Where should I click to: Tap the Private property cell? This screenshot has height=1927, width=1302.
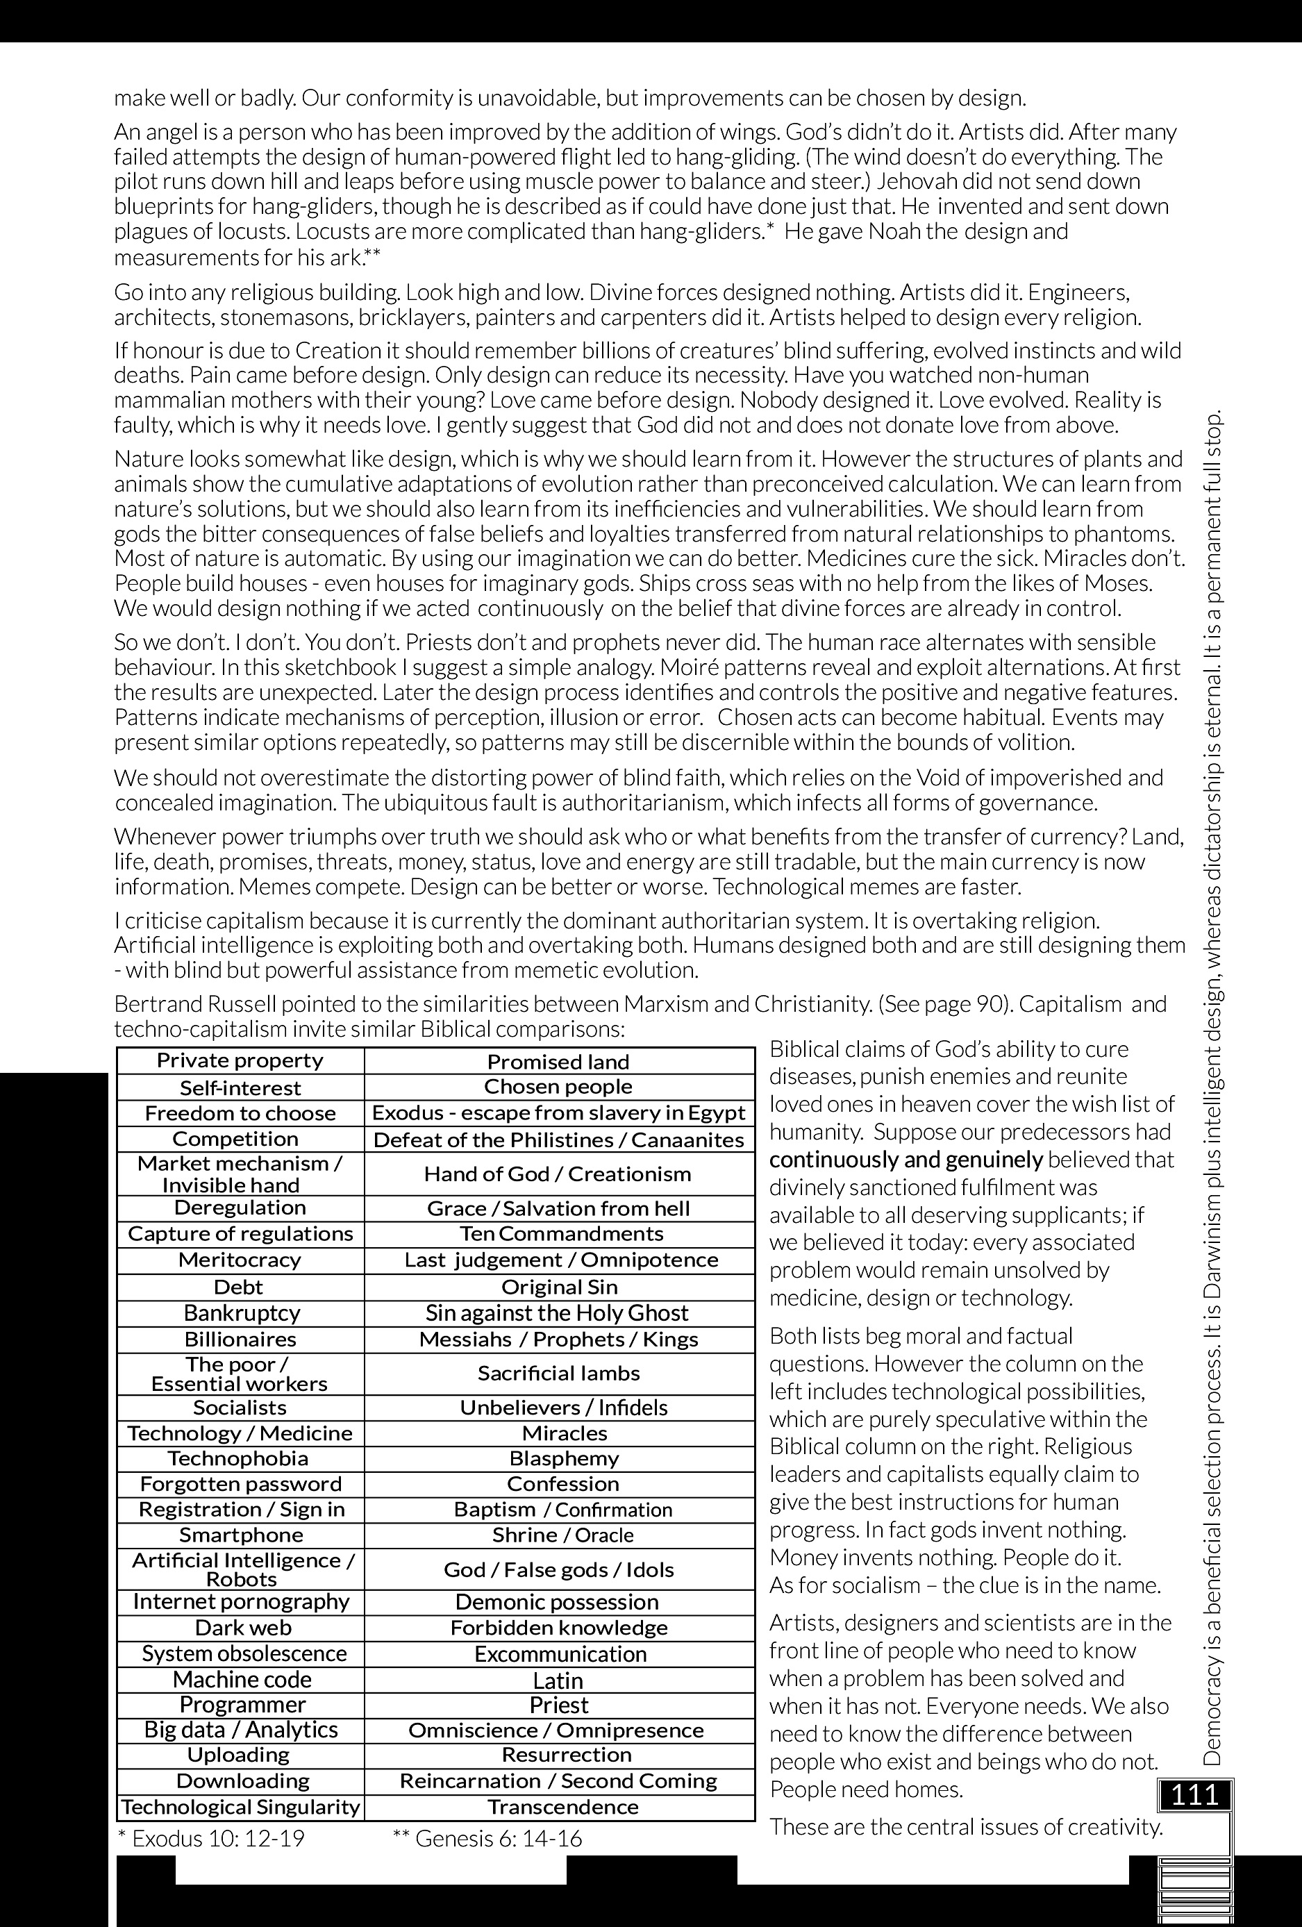tap(240, 1060)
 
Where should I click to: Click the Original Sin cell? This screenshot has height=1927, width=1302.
tap(559, 1287)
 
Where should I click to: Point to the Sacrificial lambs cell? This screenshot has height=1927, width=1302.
tap(558, 1373)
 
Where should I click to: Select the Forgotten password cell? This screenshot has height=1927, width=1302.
tap(240, 1483)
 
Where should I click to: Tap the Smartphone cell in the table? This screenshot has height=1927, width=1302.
tap(240, 1535)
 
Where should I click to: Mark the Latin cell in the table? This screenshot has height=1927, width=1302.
tap(558, 1680)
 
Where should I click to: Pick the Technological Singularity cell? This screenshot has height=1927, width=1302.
tap(240, 1807)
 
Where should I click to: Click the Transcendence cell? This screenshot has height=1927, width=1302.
tap(562, 1807)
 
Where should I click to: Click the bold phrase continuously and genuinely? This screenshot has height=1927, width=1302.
tap(905, 1159)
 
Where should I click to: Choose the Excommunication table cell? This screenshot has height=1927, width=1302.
tap(560, 1654)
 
